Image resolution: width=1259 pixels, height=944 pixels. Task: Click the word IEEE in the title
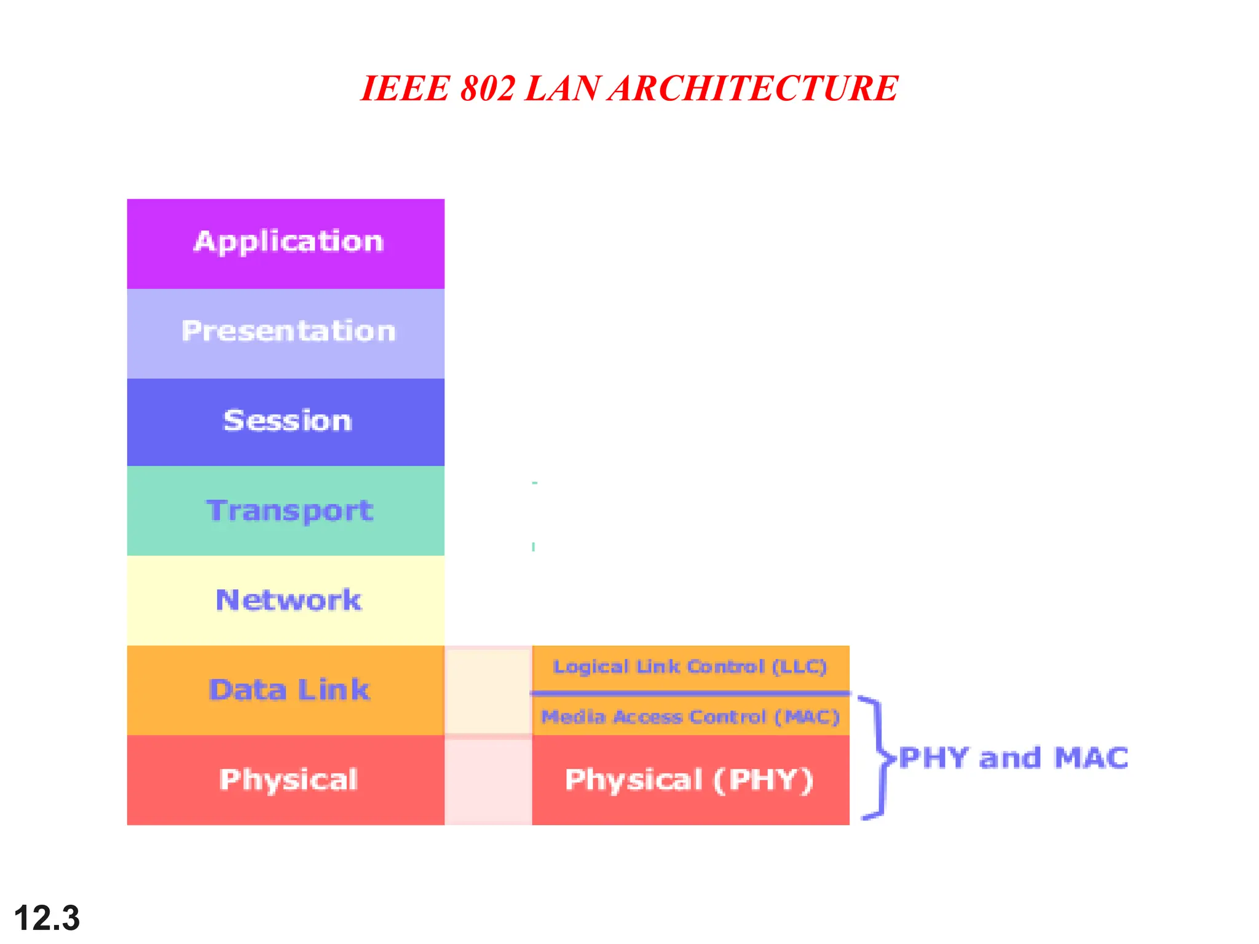(406, 88)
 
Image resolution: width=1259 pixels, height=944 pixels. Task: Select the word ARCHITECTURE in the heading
(754, 88)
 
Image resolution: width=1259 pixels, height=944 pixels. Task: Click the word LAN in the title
(562, 88)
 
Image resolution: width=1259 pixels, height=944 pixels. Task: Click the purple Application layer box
(286, 243)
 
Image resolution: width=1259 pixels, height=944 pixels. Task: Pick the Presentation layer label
(288, 331)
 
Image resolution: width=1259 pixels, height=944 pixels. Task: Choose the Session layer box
(286, 422)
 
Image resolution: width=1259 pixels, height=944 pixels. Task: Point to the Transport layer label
(290, 511)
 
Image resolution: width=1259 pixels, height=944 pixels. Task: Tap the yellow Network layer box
(286, 600)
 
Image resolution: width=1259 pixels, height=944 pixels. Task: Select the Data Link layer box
(286, 690)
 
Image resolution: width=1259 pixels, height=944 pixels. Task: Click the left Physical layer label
(288, 779)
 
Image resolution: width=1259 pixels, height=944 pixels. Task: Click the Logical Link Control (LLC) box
(690, 667)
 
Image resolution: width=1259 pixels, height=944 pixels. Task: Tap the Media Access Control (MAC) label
(690, 717)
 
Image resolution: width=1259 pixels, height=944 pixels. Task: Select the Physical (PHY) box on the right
(690, 779)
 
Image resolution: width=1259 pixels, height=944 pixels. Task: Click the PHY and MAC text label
(1013, 757)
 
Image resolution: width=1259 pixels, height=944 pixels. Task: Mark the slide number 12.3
(47, 918)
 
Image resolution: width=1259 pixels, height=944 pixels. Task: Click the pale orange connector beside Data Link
(488, 690)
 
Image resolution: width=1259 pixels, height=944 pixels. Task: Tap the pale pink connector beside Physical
(488, 781)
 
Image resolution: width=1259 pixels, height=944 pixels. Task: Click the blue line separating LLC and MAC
(690, 693)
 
